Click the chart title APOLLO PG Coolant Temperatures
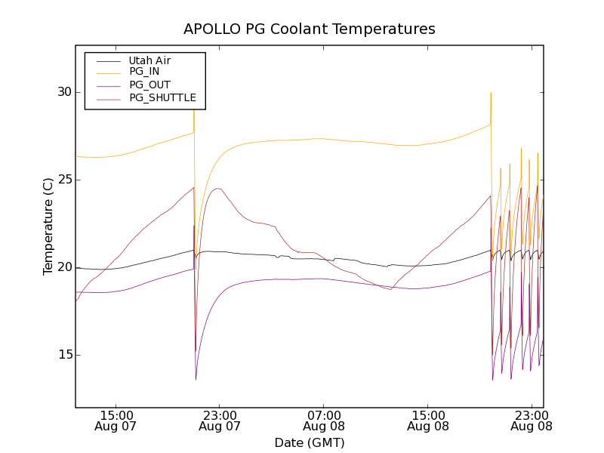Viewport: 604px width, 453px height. point(310,29)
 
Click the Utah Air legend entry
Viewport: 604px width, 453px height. point(149,60)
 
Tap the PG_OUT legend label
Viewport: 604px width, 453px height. point(149,85)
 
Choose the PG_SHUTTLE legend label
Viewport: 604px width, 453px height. point(162,98)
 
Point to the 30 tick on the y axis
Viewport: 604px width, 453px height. point(64,92)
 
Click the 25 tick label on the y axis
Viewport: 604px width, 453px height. point(64,180)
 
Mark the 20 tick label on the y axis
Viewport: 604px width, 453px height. point(64,267)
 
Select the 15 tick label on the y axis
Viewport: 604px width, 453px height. point(64,355)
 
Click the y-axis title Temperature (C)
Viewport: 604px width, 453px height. point(48,226)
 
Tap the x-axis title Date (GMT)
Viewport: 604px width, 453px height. point(310,442)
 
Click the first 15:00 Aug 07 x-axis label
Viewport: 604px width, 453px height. point(117,421)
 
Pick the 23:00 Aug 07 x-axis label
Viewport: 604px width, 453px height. point(220,421)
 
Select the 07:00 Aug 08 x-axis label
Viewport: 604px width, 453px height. point(323,421)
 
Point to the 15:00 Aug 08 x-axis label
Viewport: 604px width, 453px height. point(428,421)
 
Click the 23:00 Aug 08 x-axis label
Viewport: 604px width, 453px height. point(532,421)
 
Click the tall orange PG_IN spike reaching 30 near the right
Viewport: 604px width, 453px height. point(491,94)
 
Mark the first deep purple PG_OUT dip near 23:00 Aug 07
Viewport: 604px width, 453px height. point(196,378)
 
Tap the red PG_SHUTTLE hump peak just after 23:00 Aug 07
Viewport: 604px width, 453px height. point(218,189)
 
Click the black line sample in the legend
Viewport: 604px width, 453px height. point(105,60)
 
